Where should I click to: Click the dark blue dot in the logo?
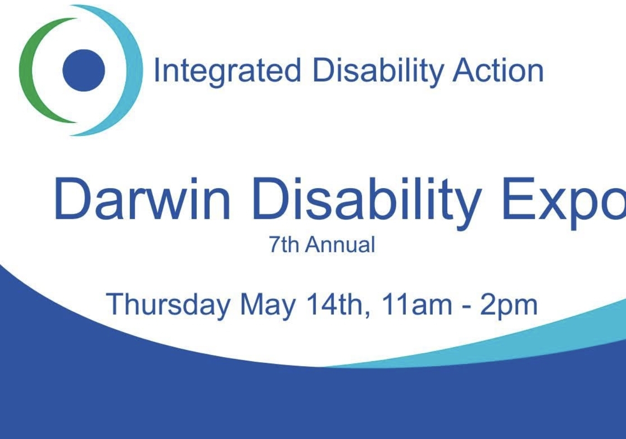[x=84, y=70]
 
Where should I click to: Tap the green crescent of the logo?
[x=28, y=70]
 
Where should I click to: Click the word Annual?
[x=340, y=245]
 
